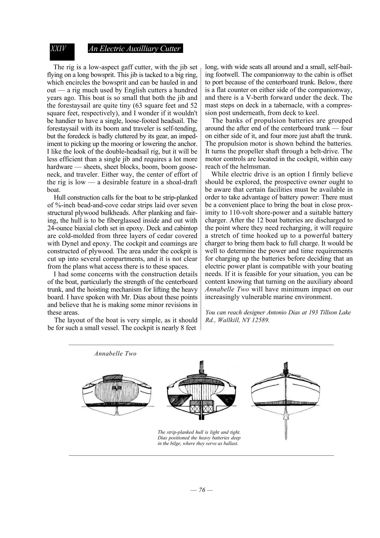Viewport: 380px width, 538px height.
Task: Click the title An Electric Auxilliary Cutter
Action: [x=135, y=49]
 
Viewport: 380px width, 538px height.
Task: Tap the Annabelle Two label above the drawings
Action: [x=115, y=354]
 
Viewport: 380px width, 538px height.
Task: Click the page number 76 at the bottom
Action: [x=202, y=490]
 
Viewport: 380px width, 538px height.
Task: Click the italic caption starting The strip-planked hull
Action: [x=199, y=438]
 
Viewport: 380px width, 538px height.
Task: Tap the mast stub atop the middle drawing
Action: [x=201, y=367]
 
